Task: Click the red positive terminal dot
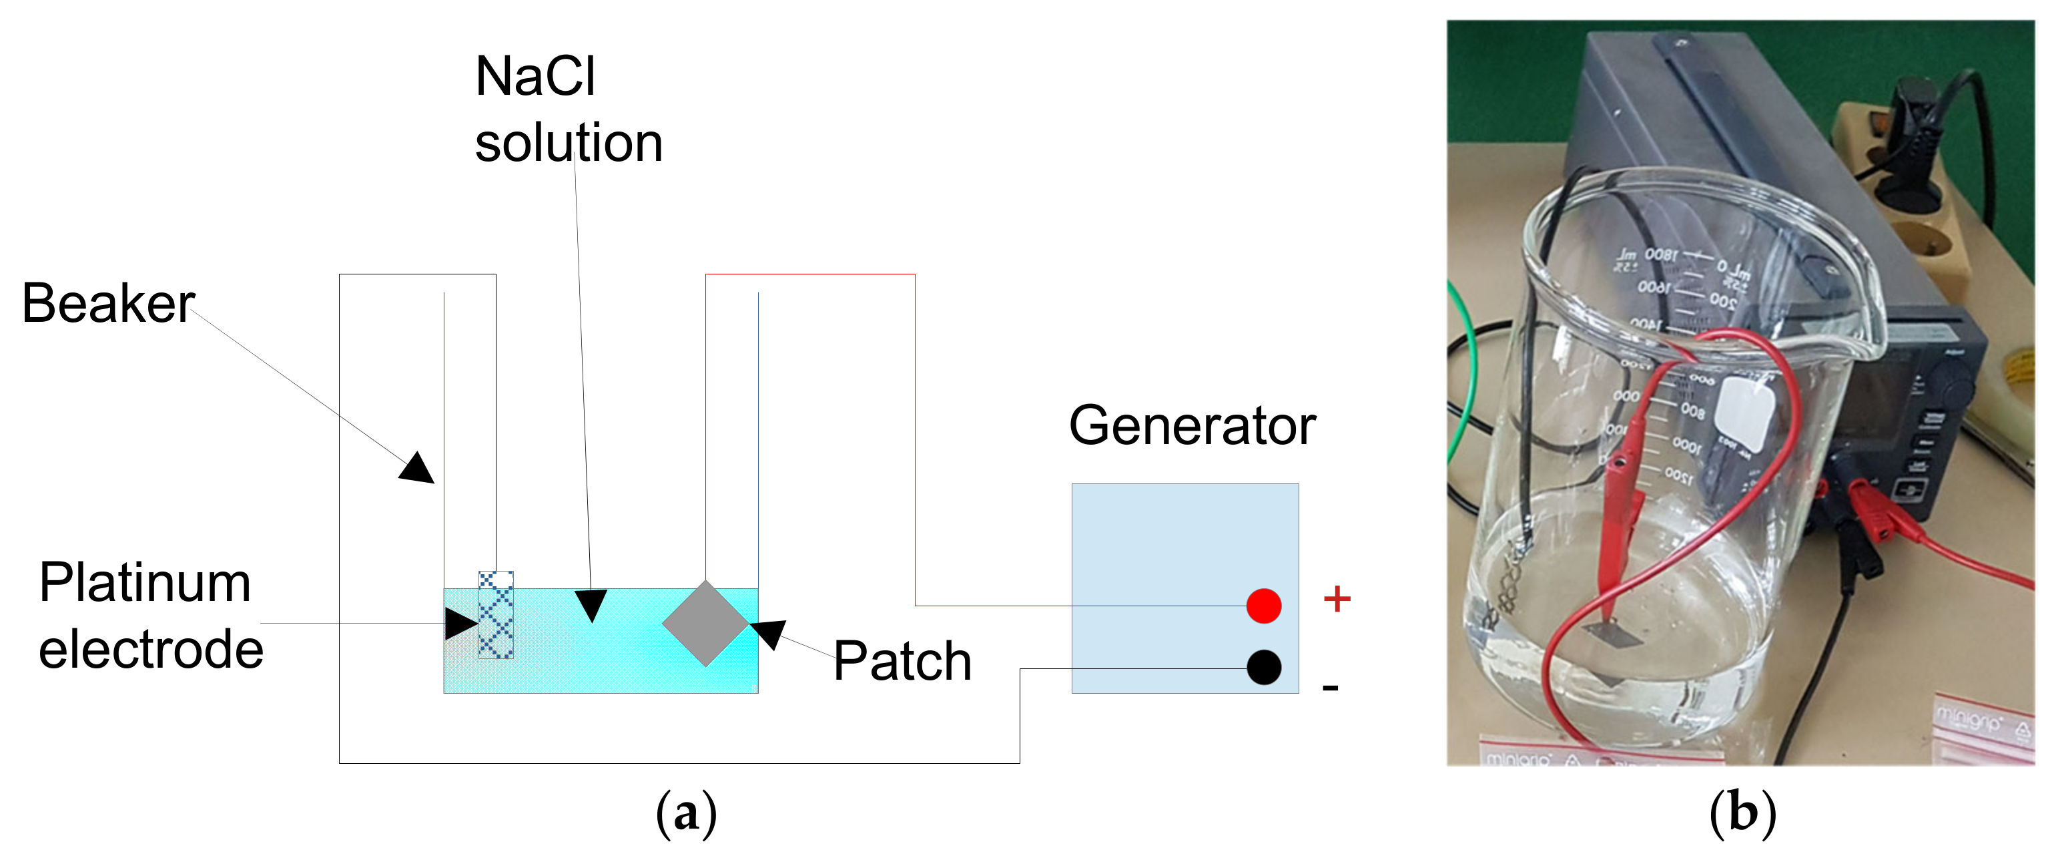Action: [x=1263, y=606]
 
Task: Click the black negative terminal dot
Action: [x=1263, y=667]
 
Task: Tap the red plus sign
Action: [x=1337, y=599]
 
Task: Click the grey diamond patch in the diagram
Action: [x=705, y=624]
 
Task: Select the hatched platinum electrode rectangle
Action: [x=496, y=615]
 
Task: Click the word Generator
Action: [x=1191, y=425]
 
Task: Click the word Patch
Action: [x=902, y=661]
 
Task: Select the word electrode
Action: [x=151, y=649]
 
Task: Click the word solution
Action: [x=568, y=144]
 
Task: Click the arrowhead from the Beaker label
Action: [x=418, y=468]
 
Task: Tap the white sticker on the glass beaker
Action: [x=1744, y=415]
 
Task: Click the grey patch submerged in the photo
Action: [x=1612, y=634]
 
